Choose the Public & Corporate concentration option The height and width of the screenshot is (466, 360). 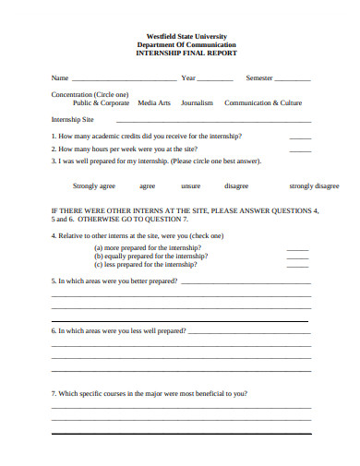point(101,103)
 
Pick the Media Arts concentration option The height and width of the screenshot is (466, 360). point(154,103)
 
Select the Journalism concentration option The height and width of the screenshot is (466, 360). point(197,103)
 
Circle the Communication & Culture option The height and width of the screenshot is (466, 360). point(263,103)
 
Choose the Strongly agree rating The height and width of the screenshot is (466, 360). point(94,185)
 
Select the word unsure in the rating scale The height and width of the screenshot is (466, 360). point(191,185)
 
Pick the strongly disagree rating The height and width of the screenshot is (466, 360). point(314,185)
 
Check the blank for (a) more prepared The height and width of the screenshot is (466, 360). point(297,249)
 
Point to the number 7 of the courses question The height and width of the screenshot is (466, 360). point(53,393)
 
